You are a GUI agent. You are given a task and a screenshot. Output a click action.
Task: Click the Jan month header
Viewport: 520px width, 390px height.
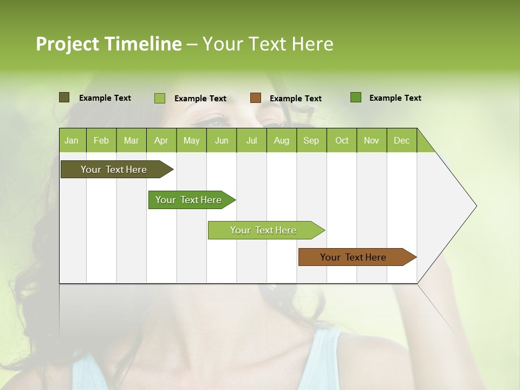72,140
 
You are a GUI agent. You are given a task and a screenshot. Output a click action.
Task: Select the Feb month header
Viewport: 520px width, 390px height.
101,140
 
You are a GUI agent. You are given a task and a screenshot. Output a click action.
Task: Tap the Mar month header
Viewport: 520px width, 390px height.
131,140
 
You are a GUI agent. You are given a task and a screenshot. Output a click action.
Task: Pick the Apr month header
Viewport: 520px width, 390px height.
161,140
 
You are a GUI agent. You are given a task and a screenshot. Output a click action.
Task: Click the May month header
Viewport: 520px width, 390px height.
191,140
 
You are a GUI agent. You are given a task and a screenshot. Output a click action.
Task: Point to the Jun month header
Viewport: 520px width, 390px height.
222,140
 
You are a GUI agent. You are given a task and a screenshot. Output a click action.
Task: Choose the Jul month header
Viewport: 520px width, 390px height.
252,140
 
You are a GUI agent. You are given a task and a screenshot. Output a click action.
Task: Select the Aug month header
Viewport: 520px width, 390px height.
282,140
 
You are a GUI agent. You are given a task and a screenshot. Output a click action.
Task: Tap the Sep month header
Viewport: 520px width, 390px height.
311,140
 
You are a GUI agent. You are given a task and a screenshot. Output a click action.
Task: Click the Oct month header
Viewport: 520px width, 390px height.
342,140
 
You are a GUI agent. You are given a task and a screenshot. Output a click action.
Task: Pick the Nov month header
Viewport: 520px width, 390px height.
372,140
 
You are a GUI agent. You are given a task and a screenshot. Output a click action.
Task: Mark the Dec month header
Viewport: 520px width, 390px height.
402,140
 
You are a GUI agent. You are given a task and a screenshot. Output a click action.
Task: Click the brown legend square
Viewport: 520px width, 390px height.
256,98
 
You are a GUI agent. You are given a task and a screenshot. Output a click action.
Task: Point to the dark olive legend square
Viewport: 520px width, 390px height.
64,97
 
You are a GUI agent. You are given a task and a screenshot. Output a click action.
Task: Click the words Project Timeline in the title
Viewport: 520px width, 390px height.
109,44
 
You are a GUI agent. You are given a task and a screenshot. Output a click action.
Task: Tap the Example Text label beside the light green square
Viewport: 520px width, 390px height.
200,99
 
